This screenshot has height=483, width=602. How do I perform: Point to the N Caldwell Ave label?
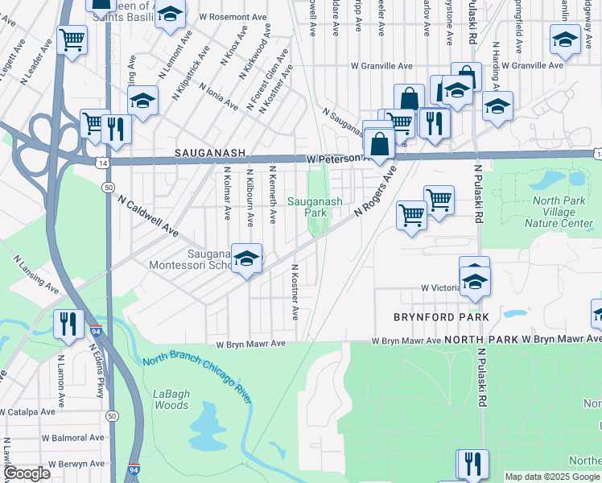pos(147,217)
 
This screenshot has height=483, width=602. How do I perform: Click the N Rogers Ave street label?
pos(376,192)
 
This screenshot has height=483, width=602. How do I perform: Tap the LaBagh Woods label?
pos(171,399)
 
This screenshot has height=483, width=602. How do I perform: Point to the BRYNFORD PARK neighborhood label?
pos(440,317)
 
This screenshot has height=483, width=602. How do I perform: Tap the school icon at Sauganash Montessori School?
pos(247,258)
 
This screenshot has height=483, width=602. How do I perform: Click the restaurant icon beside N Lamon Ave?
pos(68,324)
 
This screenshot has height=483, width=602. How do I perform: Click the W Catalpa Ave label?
pos(27,411)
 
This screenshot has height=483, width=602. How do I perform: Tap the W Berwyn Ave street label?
pos(76,464)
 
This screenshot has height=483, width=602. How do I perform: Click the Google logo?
pos(26,474)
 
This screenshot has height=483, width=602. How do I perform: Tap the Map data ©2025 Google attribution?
pos(551,477)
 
